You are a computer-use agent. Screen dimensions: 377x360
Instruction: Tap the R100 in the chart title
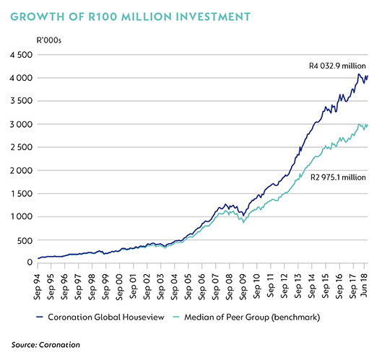pos(103,17)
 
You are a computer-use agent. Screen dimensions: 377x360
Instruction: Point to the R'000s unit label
pos(49,40)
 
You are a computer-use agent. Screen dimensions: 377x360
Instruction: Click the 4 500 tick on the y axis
pos(21,55)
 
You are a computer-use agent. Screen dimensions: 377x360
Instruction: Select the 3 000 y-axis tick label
pos(21,124)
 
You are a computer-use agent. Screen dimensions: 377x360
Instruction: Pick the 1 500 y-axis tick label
pos(22,193)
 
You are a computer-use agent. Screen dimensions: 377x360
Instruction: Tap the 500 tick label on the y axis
pos(25,240)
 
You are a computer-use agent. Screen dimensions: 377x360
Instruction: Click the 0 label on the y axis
pos(30,263)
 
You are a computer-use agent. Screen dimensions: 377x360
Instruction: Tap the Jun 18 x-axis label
pos(364,285)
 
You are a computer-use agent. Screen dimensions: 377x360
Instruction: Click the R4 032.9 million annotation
pos(337,66)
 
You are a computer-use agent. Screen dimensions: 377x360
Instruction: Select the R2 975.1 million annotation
pos(338,177)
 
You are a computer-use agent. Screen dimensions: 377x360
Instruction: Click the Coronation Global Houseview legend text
pos(106,317)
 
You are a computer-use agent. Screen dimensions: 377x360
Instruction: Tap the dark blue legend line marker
pos(40,317)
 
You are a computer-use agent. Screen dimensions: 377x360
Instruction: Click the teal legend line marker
pos(176,317)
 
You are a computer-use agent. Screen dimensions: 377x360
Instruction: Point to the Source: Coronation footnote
pos(45,345)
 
